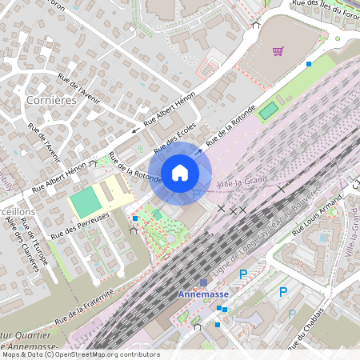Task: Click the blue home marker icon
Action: click(180, 172)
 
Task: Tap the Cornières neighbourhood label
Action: click(51, 101)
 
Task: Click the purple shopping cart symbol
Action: click(278, 52)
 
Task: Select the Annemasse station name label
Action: click(203, 295)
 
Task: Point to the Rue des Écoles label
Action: click(174, 137)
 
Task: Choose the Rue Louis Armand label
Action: click(318, 218)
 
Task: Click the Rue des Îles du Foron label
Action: click(324, 11)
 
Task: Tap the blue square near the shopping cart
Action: click(309, 63)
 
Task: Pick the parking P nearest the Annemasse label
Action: click(243, 274)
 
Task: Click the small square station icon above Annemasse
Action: click(203, 282)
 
